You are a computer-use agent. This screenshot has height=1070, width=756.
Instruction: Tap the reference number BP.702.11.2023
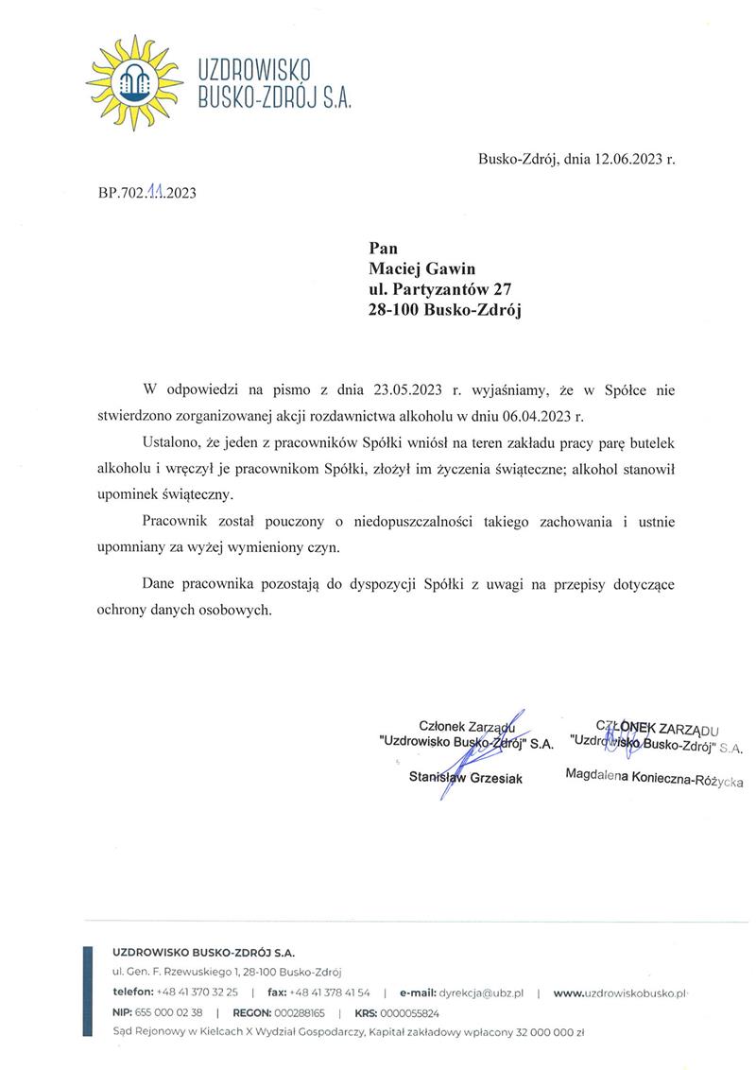point(146,195)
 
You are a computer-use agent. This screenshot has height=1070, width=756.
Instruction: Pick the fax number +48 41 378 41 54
point(330,992)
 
